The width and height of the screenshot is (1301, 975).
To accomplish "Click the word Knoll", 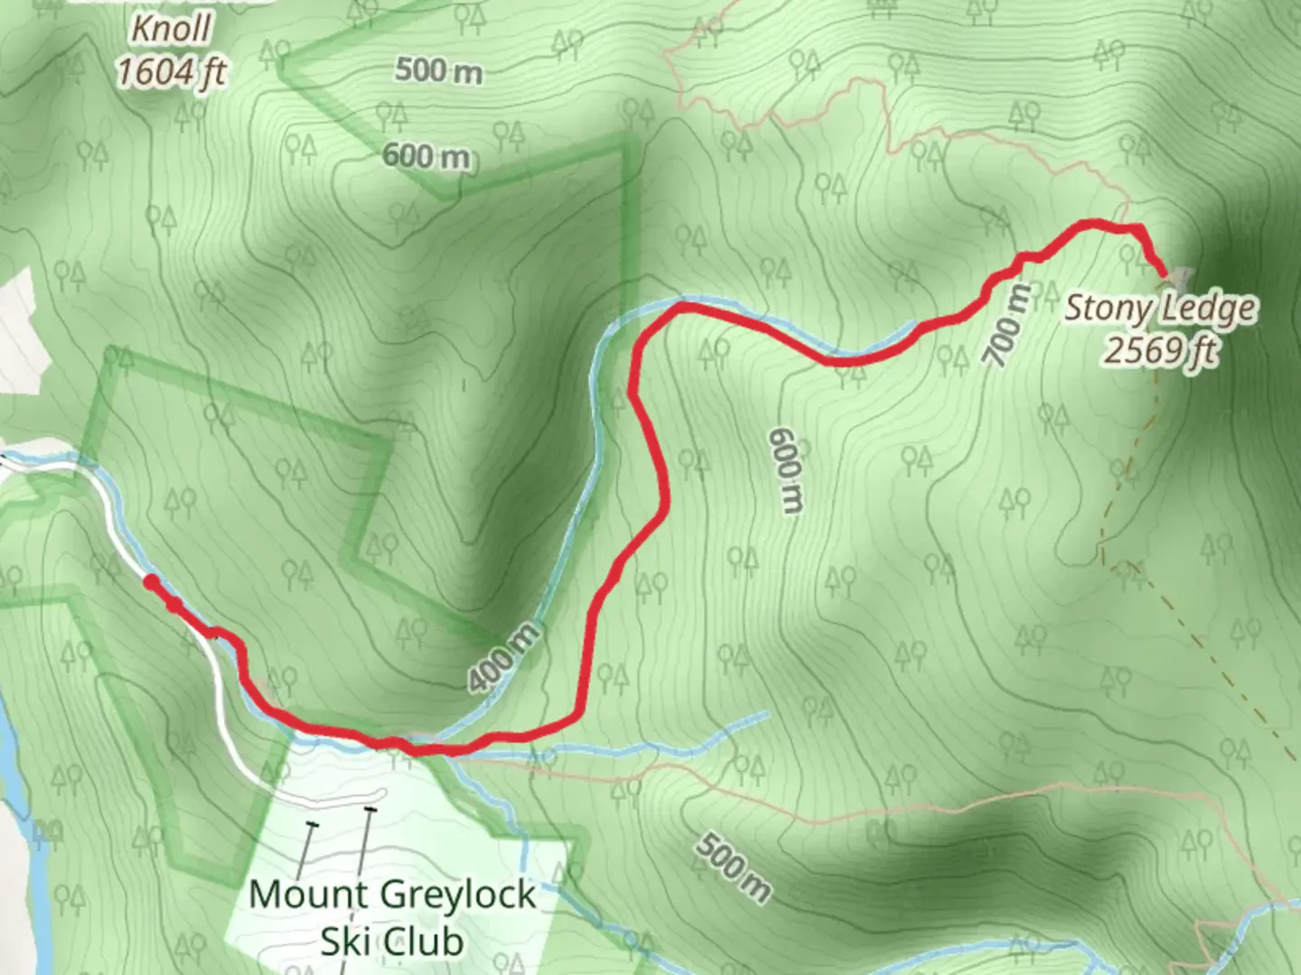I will [172, 29].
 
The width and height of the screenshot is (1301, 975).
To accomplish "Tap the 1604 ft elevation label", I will [172, 72].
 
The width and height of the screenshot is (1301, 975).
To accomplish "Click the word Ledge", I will [1207, 309].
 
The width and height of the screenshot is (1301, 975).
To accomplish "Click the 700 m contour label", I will [1006, 326].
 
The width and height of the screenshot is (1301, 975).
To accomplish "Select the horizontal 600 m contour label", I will [426, 156].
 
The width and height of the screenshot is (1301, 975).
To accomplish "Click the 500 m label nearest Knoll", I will [438, 70].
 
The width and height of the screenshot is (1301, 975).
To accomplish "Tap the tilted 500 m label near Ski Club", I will [734, 868].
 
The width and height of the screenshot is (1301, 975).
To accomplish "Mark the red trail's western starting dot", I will [152, 582].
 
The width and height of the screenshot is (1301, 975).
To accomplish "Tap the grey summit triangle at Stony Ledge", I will [1179, 274].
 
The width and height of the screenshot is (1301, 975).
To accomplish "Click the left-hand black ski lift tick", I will [313, 825].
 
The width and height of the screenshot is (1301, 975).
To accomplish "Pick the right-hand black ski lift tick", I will [370, 810].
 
